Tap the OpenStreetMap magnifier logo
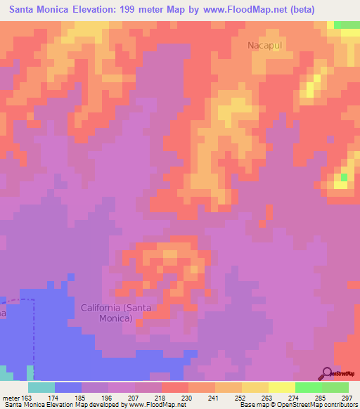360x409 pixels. tap(327, 372)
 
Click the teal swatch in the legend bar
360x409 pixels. tap(41, 387)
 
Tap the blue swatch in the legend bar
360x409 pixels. tap(68, 387)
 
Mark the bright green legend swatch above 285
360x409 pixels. tap(309, 387)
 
